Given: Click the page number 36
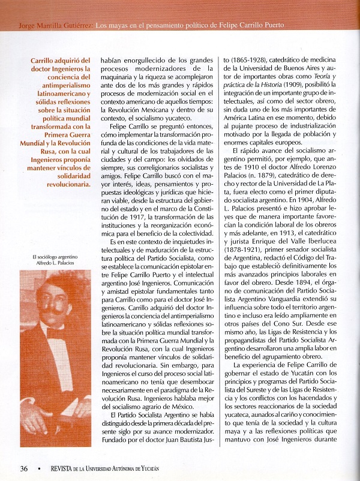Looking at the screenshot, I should (x=24, y=468).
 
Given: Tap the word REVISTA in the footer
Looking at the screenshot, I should (x=63, y=468).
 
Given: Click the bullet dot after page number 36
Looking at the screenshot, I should (x=40, y=468).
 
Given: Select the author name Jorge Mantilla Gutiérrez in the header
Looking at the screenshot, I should (x=56, y=26).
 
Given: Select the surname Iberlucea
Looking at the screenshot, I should (x=324, y=242).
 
